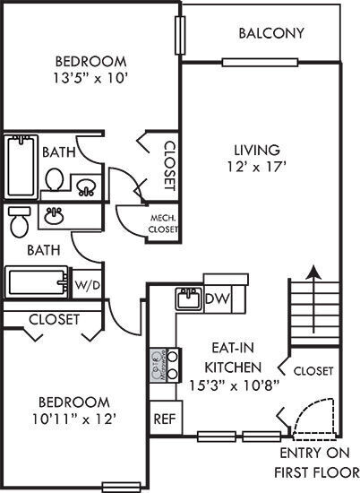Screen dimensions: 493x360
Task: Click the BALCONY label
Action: [x=271, y=33]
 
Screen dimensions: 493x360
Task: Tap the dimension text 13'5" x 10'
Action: [x=90, y=77]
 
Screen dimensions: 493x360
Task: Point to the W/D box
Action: [x=87, y=286]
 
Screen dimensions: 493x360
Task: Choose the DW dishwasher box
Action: [x=215, y=298]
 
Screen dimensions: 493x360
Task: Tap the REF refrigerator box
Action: [x=163, y=418]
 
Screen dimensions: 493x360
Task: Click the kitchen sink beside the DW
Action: [x=187, y=299]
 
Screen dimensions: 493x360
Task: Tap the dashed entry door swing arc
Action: [x=313, y=414]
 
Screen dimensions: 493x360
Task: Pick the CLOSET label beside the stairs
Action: [x=313, y=370]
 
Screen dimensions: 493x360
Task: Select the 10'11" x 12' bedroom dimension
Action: [x=74, y=418]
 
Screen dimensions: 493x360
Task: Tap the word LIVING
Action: [x=256, y=150]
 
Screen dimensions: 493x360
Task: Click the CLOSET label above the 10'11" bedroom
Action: [x=54, y=319]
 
